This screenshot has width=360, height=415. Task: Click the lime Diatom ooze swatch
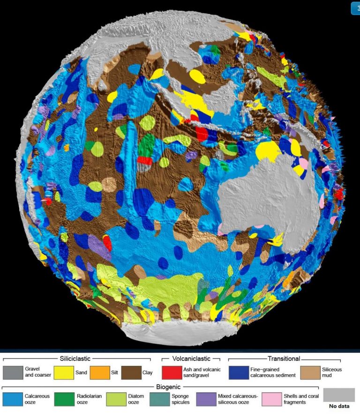click(x=115, y=399)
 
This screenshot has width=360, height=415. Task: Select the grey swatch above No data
click(x=339, y=395)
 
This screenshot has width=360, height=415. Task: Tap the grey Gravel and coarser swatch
click(x=12, y=372)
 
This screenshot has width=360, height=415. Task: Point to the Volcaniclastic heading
click(x=190, y=359)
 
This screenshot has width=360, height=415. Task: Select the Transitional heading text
click(x=284, y=359)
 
